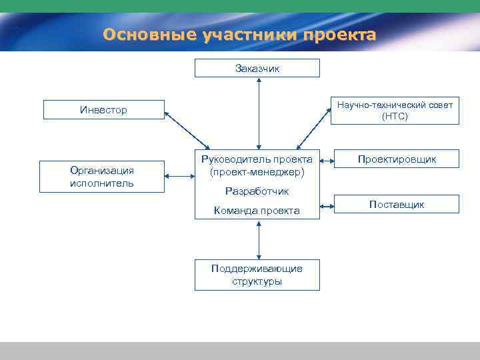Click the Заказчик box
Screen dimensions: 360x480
[x=257, y=68]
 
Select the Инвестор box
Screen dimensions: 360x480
[x=103, y=109]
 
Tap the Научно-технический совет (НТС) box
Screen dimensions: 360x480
[x=395, y=110]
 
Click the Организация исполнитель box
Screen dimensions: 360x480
[x=101, y=177]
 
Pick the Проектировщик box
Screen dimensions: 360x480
[x=397, y=159]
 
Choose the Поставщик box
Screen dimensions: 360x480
[x=397, y=204]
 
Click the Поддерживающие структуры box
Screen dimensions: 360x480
[x=257, y=275]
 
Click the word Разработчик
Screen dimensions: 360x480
[x=257, y=191]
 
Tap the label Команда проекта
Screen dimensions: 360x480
[x=257, y=211]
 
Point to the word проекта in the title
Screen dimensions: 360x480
[x=339, y=34]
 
